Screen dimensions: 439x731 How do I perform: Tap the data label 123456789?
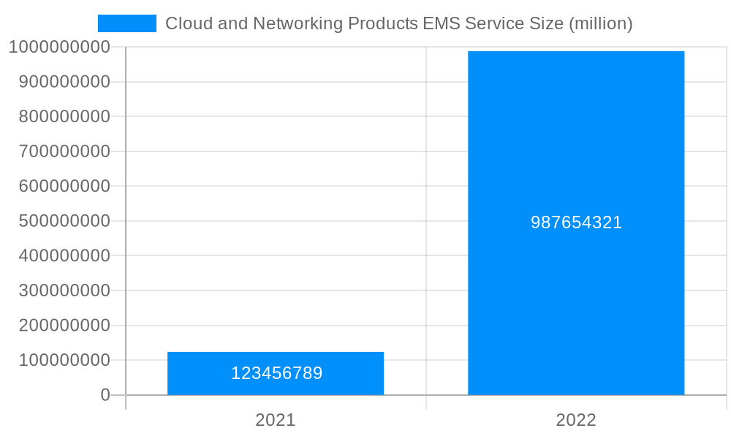(276, 373)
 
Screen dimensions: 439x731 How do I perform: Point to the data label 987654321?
(576, 222)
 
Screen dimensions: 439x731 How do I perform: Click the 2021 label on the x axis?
(276, 420)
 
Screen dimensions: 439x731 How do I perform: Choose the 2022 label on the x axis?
(576, 420)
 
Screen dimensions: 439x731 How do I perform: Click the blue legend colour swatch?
(127, 23)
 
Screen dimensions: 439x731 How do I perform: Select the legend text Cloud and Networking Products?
(292, 23)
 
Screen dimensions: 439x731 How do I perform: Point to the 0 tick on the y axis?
(105, 395)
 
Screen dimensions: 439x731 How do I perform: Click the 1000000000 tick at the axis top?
(60, 47)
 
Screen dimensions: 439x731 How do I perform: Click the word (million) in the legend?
(600, 23)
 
